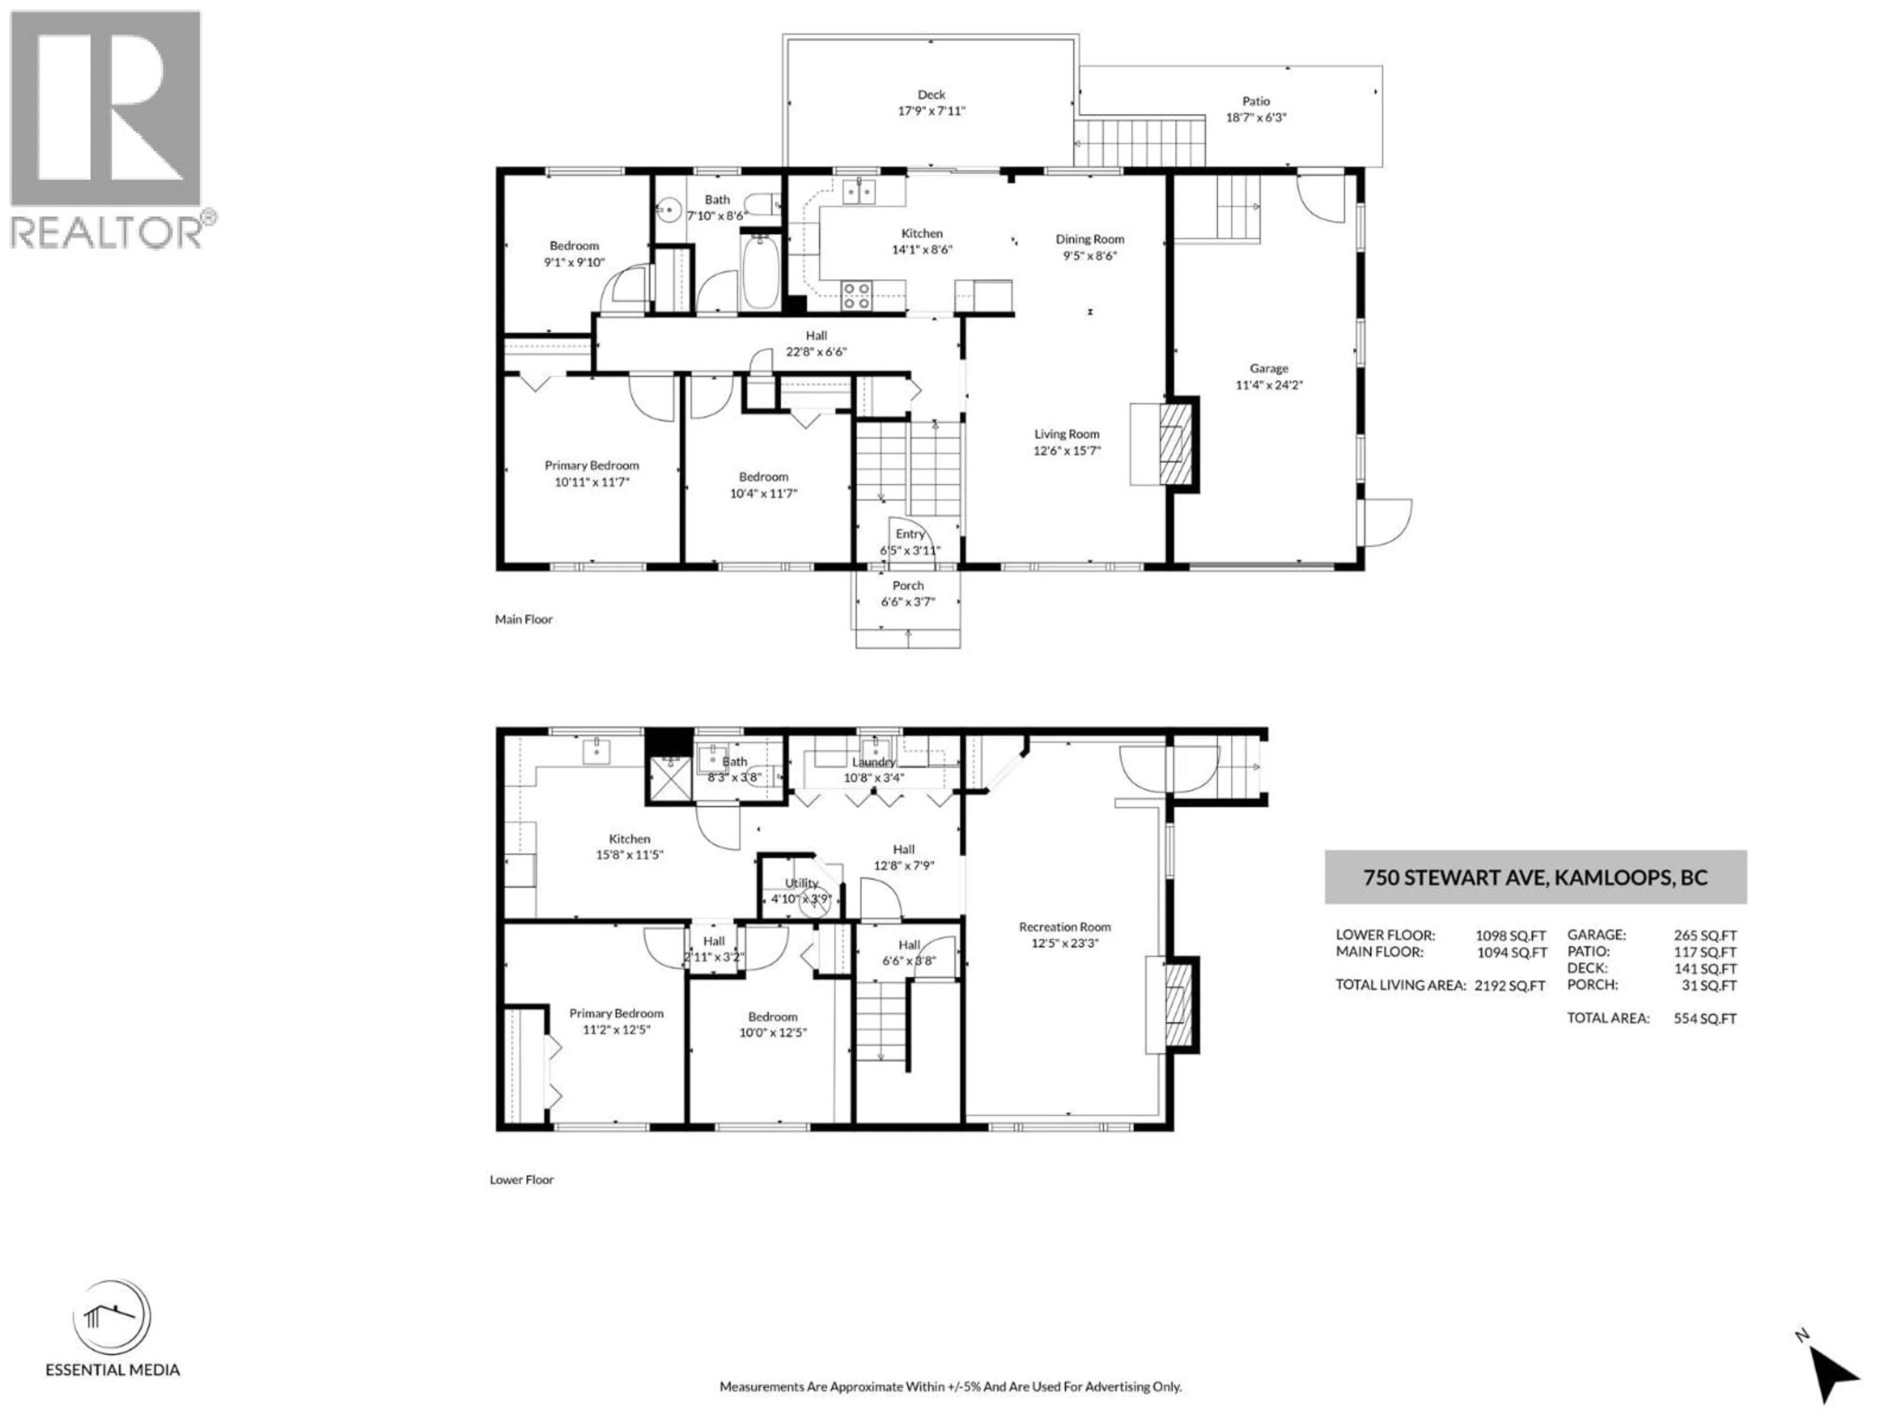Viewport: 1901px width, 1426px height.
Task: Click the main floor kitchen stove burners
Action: pyautogui.click(x=856, y=296)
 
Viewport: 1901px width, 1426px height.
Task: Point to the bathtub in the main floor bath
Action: pyautogui.click(x=760, y=273)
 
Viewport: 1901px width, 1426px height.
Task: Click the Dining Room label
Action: pyautogui.click(x=1090, y=239)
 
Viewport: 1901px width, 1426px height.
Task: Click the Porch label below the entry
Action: pyautogui.click(x=907, y=585)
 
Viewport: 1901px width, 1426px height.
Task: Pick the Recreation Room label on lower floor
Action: pyautogui.click(x=1065, y=926)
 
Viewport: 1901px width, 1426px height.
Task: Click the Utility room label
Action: pyautogui.click(x=801, y=883)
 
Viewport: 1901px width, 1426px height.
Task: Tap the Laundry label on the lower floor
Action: pyautogui.click(x=873, y=762)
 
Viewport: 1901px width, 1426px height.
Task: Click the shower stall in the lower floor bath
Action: pyautogui.click(x=669, y=777)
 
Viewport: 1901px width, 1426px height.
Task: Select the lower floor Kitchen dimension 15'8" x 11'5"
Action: pyautogui.click(x=629, y=855)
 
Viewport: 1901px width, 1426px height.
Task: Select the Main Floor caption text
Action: pyautogui.click(x=523, y=619)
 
